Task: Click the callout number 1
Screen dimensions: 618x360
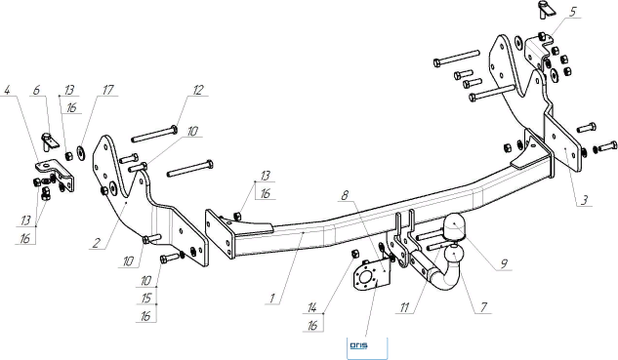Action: pyautogui.click(x=272, y=299)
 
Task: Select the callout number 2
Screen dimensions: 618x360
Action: pyautogui.click(x=97, y=243)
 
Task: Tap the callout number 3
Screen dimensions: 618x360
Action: pyautogui.click(x=584, y=200)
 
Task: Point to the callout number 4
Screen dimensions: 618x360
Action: pyautogui.click(x=7, y=90)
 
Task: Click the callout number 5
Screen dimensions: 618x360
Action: pyautogui.click(x=572, y=12)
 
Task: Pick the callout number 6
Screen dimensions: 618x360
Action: pyautogui.click(x=36, y=90)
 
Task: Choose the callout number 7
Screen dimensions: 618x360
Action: pyautogui.click(x=483, y=306)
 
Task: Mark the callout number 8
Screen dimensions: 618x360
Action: pyautogui.click(x=345, y=195)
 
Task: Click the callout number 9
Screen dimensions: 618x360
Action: pyautogui.click(x=504, y=263)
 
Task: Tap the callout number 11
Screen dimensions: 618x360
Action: pyautogui.click(x=405, y=307)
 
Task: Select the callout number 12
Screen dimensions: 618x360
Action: pyautogui.click(x=198, y=90)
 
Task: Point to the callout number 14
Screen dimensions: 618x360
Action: pyautogui.click(x=312, y=307)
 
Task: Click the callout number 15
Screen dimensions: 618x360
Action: pyautogui.click(x=145, y=299)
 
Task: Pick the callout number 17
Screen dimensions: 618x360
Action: pyautogui.click(x=107, y=90)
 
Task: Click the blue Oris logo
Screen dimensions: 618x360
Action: pyautogui.click(x=358, y=345)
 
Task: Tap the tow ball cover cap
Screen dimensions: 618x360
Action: pyautogui.click(x=454, y=227)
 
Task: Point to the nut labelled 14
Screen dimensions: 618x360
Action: pyautogui.click(x=354, y=254)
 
